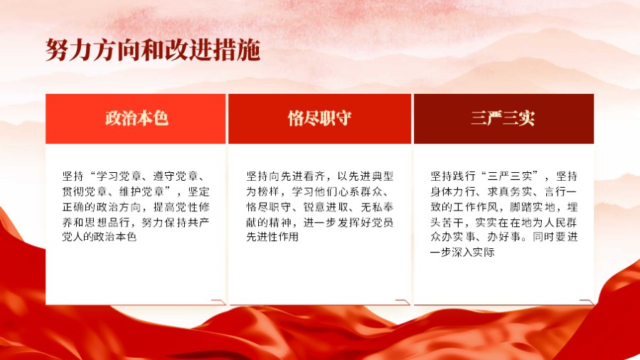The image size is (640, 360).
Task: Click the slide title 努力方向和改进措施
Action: pos(152,51)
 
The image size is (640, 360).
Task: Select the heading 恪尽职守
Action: pos(319,118)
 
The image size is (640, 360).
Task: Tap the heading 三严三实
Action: pos(503,118)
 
